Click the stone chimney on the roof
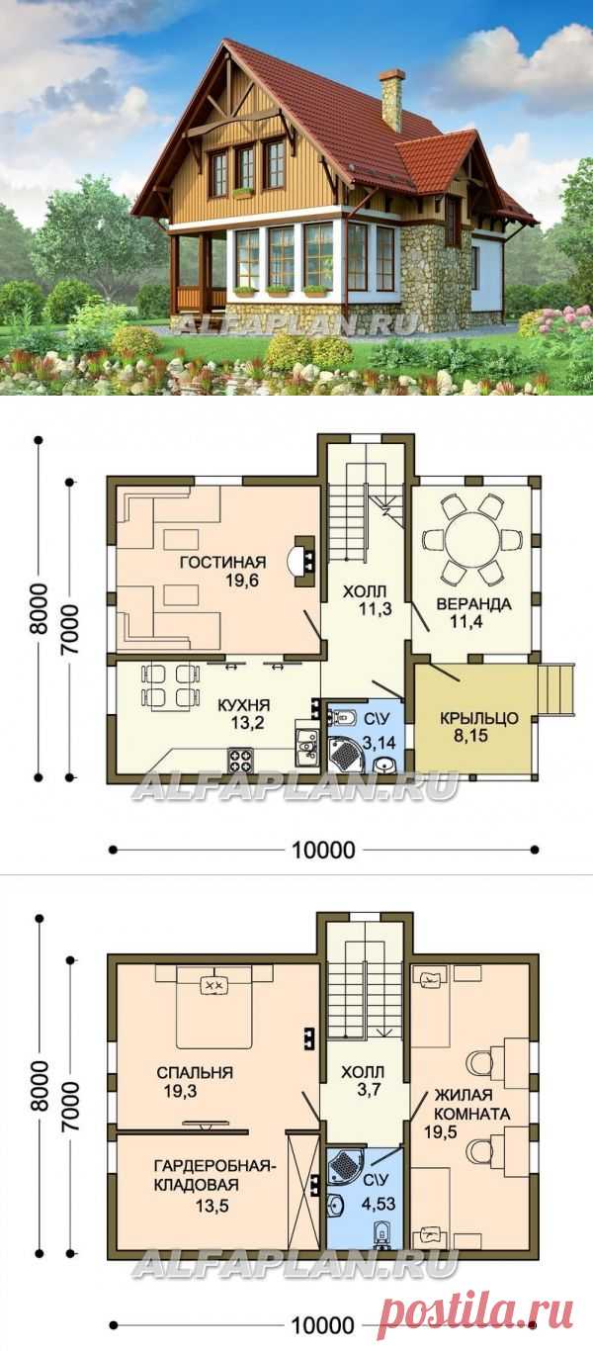[391, 99]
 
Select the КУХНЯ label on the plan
[245, 705]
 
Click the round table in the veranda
[471, 540]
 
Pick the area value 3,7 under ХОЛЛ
[362, 1089]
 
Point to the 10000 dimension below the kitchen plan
[324, 849]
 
